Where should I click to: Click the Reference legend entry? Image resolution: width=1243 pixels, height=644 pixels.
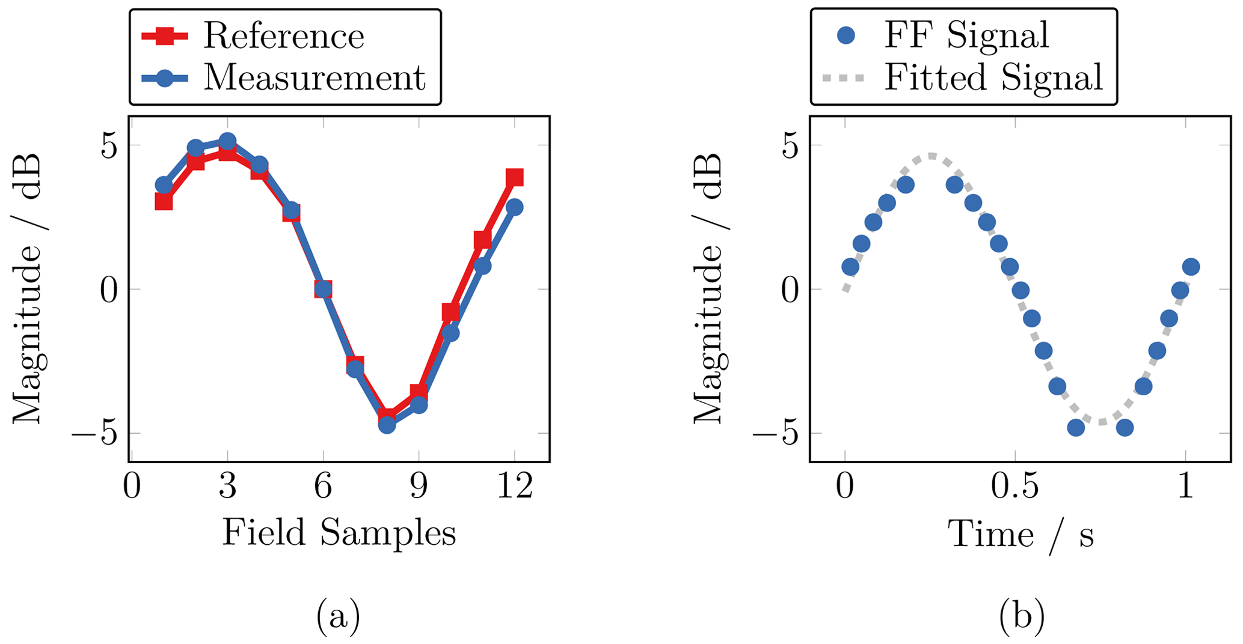pos(283,36)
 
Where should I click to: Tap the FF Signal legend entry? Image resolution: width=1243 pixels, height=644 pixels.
pos(966,35)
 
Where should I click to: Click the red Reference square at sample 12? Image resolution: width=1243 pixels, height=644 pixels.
pos(514,177)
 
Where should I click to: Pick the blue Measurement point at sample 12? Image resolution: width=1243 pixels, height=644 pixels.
pos(514,207)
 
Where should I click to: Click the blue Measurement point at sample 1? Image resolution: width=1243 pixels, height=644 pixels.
pos(164,184)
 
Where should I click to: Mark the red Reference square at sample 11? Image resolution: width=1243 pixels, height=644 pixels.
pos(482,240)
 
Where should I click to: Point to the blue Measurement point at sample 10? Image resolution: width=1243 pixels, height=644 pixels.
pos(450,333)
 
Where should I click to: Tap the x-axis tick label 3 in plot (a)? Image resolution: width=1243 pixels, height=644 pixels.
pos(227,486)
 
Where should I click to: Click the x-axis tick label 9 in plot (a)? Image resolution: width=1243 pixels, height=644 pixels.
pos(419,486)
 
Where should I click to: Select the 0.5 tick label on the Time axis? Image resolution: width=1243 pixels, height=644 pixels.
pos(1015,486)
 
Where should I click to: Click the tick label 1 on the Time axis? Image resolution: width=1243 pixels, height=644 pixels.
pos(1185,486)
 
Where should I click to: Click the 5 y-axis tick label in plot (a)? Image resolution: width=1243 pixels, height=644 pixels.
pos(109,145)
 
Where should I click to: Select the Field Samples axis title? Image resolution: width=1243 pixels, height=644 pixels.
pos(339,532)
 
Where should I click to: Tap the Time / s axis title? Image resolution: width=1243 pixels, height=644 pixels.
pos(1020,535)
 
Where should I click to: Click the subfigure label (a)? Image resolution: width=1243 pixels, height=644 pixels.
pos(338,616)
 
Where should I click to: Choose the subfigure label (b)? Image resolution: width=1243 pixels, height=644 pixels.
pos(1021,616)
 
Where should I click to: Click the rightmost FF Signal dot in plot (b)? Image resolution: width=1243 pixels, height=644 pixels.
pos(1191,267)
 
